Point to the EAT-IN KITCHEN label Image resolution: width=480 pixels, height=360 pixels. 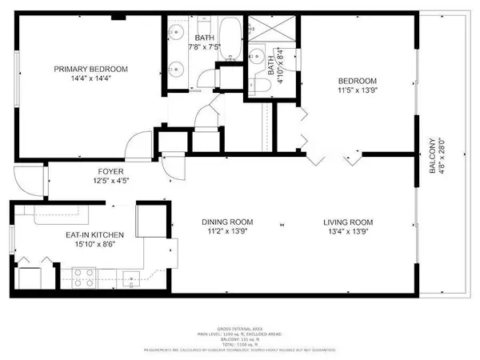94,234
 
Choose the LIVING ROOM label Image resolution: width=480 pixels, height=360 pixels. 348,222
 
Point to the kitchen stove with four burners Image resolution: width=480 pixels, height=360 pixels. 85,278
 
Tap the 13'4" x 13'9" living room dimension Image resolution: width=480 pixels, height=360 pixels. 348,233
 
